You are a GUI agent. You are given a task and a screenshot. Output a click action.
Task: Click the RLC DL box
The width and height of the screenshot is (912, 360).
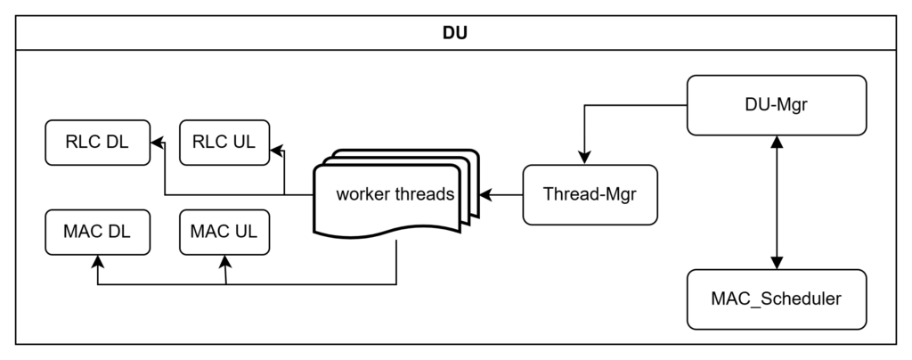click(x=97, y=143)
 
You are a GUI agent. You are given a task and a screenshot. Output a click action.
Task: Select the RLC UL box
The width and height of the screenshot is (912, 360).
click(x=224, y=143)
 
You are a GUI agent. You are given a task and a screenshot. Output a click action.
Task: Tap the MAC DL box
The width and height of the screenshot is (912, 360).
click(x=97, y=232)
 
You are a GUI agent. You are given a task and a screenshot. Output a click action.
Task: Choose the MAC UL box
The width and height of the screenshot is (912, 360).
click(x=224, y=232)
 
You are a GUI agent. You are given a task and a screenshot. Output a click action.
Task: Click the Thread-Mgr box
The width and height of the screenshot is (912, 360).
click(x=590, y=194)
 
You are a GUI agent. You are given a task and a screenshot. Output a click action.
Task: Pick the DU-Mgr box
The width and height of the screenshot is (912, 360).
click(x=777, y=105)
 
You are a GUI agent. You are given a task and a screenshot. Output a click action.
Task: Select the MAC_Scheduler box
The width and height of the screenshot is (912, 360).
click(x=777, y=299)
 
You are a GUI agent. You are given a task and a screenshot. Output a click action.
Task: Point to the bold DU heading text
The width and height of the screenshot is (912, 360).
click(x=455, y=35)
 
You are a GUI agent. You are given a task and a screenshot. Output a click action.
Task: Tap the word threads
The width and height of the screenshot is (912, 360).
click(x=422, y=194)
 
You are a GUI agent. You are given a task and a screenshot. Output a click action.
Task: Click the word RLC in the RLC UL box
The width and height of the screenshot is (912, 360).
click(x=210, y=143)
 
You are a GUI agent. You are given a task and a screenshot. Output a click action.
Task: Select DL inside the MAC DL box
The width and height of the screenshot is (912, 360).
click(x=118, y=232)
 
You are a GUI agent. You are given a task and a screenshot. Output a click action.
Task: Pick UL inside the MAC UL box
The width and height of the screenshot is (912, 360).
click(x=245, y=232)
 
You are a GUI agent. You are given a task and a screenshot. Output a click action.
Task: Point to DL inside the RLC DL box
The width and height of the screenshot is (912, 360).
click(x=117, y=143)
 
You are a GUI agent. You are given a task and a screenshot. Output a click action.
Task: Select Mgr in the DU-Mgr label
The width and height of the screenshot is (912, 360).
click(x=791, y=105)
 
